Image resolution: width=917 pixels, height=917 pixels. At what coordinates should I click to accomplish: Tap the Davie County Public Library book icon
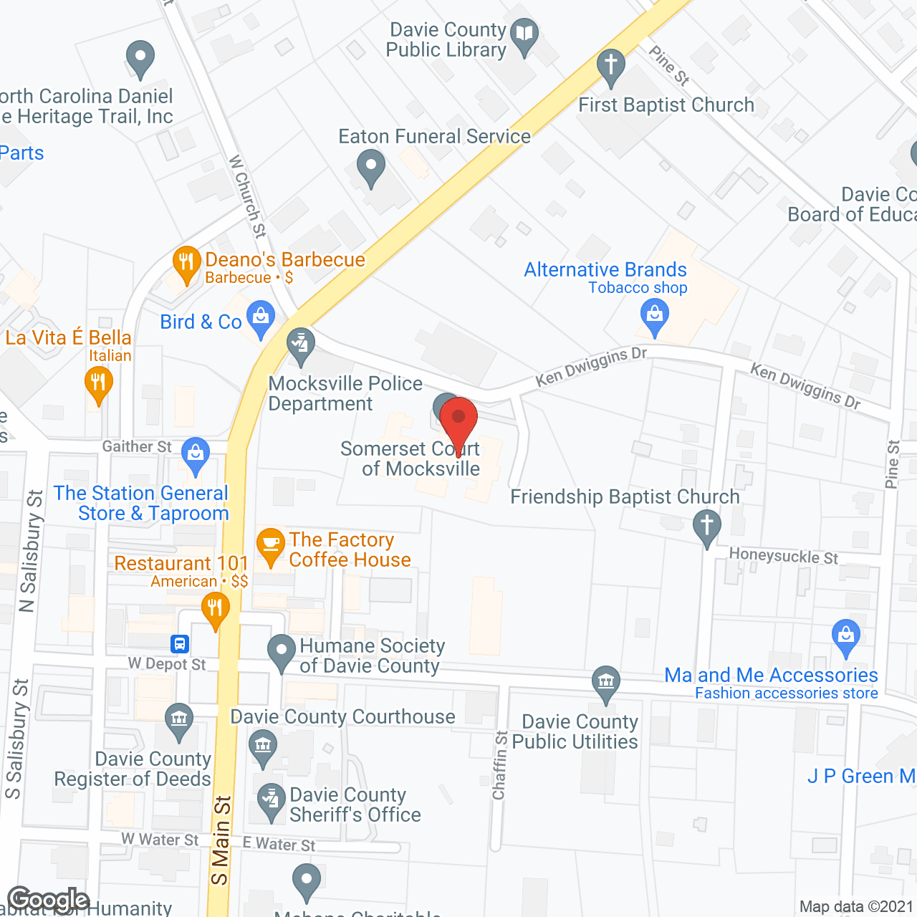tap(525, 34)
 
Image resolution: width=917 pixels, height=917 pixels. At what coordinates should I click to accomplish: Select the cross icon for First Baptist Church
tap(611, 64)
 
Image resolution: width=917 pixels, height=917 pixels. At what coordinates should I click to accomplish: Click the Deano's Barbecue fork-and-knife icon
tap(186, 262)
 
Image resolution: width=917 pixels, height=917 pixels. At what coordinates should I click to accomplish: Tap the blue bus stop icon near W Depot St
tap(180, 643)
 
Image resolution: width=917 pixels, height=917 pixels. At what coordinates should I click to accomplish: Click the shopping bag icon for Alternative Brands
tap(654, 315)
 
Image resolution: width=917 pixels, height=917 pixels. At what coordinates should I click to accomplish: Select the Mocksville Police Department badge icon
tap(301, 343)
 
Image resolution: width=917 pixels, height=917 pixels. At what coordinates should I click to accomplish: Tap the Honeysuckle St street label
tap(783, 556)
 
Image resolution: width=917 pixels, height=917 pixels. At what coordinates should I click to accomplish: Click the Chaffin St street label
tap(500, 765)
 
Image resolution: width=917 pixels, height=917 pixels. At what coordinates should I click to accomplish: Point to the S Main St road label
tap(221, 840)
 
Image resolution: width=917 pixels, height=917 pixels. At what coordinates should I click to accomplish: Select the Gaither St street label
tap(137, 447)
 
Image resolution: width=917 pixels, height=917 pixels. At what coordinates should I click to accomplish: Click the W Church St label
tap(247, 196)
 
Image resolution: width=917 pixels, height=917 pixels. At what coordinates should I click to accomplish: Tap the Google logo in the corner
tap(48, 900)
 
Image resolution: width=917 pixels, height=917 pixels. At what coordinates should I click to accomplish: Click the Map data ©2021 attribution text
tap(856, 907)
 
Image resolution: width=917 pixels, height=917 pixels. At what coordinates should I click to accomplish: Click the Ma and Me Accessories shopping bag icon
tap(846, 635)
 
